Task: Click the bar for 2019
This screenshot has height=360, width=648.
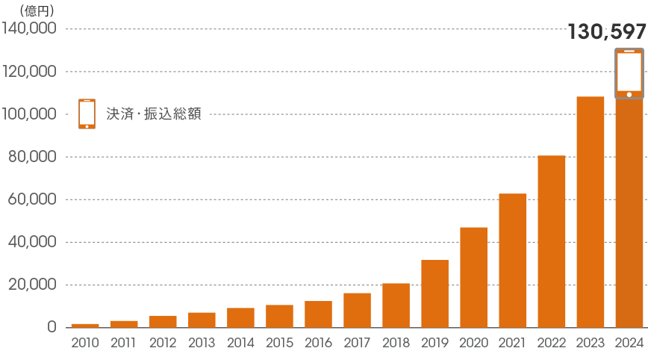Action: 434,294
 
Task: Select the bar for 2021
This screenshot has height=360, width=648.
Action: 512,261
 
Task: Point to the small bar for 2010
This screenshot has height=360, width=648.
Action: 85,326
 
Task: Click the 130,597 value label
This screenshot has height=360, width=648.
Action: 606,32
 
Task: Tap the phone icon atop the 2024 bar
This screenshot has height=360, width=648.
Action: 629,73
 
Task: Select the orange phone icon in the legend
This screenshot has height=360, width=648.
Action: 87,114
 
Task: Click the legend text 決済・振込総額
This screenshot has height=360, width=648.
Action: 154,114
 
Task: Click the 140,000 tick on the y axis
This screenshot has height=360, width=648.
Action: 30,29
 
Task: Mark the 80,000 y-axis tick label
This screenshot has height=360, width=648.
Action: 34,157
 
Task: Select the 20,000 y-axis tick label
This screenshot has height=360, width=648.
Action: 34,285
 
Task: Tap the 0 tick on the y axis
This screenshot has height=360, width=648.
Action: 52,327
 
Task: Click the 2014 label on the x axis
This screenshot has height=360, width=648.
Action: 240,344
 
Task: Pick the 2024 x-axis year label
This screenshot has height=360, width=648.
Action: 629,344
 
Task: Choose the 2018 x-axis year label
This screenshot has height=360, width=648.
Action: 396,344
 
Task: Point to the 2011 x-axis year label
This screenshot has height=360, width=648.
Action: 124,344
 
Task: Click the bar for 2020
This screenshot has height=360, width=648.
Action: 473,277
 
